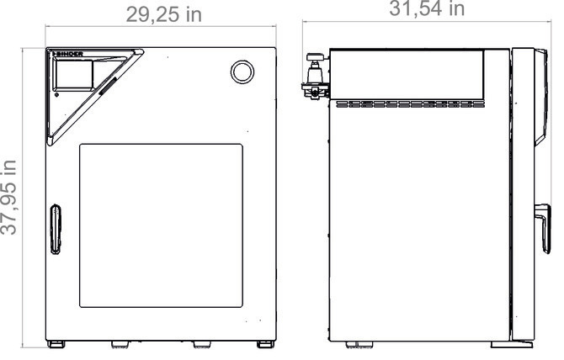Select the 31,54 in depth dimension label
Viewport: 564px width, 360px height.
tap(427, 9)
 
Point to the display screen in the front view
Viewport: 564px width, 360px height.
tap(75, 76)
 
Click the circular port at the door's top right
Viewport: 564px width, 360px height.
tap(242, 71)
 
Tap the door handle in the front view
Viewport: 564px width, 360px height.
tap(56, 228)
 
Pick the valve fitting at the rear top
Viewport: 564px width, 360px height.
tap(315, 77)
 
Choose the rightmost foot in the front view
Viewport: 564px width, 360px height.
tap(263, 345)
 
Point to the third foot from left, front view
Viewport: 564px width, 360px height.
tap(202, 345)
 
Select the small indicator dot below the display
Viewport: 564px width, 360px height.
tap(56, 95)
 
